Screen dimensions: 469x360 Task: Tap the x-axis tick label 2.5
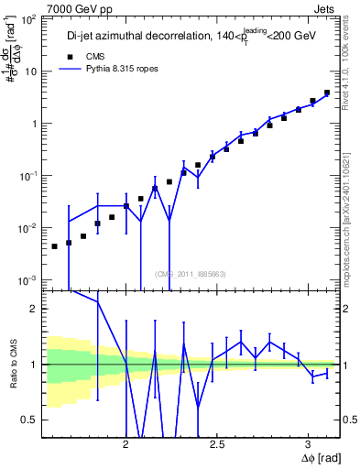tap(217, 446)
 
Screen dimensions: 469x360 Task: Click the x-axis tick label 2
tap(125, 446)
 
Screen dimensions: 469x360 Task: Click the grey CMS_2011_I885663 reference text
tap(191, 273)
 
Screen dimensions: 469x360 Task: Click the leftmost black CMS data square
tap(55, 246)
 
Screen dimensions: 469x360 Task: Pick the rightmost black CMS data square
tap(327, 93)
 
